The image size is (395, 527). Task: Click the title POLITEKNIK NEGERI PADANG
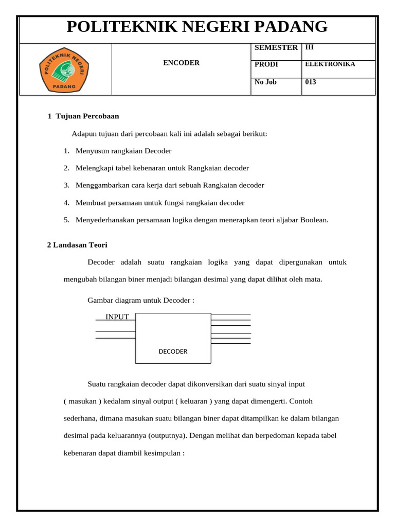coord(197,27)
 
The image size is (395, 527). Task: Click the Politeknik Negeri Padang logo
coord(65,69)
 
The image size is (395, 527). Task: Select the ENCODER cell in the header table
coord(181,63)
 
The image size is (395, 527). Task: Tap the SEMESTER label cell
coord(276,47)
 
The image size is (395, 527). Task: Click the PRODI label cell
coord(266,64)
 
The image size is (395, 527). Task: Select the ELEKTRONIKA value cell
coord(330,64)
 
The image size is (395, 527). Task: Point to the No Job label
coord(265,82)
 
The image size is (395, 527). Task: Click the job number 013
coord(311,82)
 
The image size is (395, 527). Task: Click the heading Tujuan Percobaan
coord(86,116)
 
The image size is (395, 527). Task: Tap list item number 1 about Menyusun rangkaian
coord(123,151)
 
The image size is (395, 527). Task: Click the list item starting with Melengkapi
coord(161,168)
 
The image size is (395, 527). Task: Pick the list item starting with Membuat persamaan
coord(159,203)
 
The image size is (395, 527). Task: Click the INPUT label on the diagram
coord(117,317)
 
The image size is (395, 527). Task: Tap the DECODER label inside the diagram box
coord(173,352)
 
